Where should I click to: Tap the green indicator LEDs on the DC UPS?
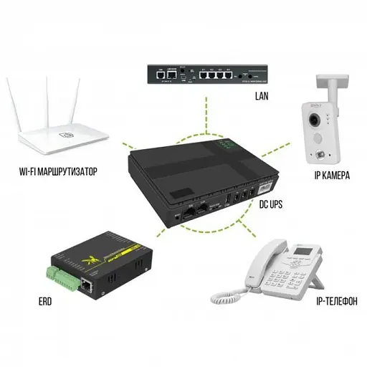point(231,146)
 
